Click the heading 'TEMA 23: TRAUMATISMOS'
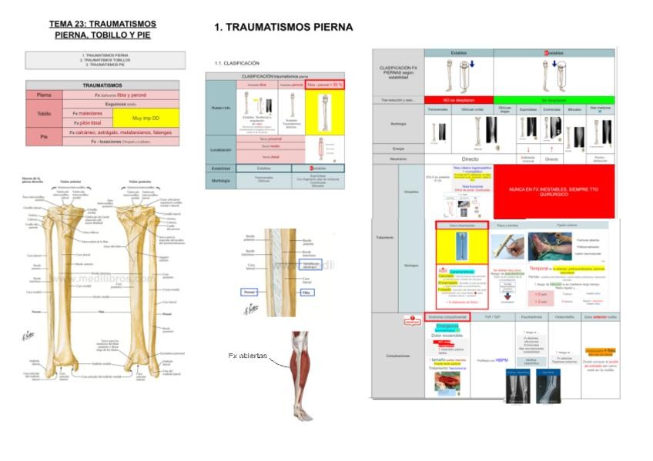coord(102,24)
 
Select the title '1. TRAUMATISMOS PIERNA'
coord(283,28)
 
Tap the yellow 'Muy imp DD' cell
coord(146,118)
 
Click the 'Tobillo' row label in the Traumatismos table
coord(44,113)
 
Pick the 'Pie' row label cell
coord(44,136)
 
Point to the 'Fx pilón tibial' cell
coord(86,122)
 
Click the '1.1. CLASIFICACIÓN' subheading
coord(237,63)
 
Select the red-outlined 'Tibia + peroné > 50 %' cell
coord(324,85)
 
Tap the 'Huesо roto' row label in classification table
coord(221,108)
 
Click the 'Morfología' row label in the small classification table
coord(221,182)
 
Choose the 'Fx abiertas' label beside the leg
coord(247,356)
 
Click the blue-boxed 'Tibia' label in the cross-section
coord(306,293)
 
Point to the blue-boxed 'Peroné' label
coord(248,293)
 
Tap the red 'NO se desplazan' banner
coord(458,100)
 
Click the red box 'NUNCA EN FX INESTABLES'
coord(554,190)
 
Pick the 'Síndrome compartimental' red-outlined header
coord(447,316)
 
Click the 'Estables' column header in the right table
coord(458,53)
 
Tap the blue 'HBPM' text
coord(501,359)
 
